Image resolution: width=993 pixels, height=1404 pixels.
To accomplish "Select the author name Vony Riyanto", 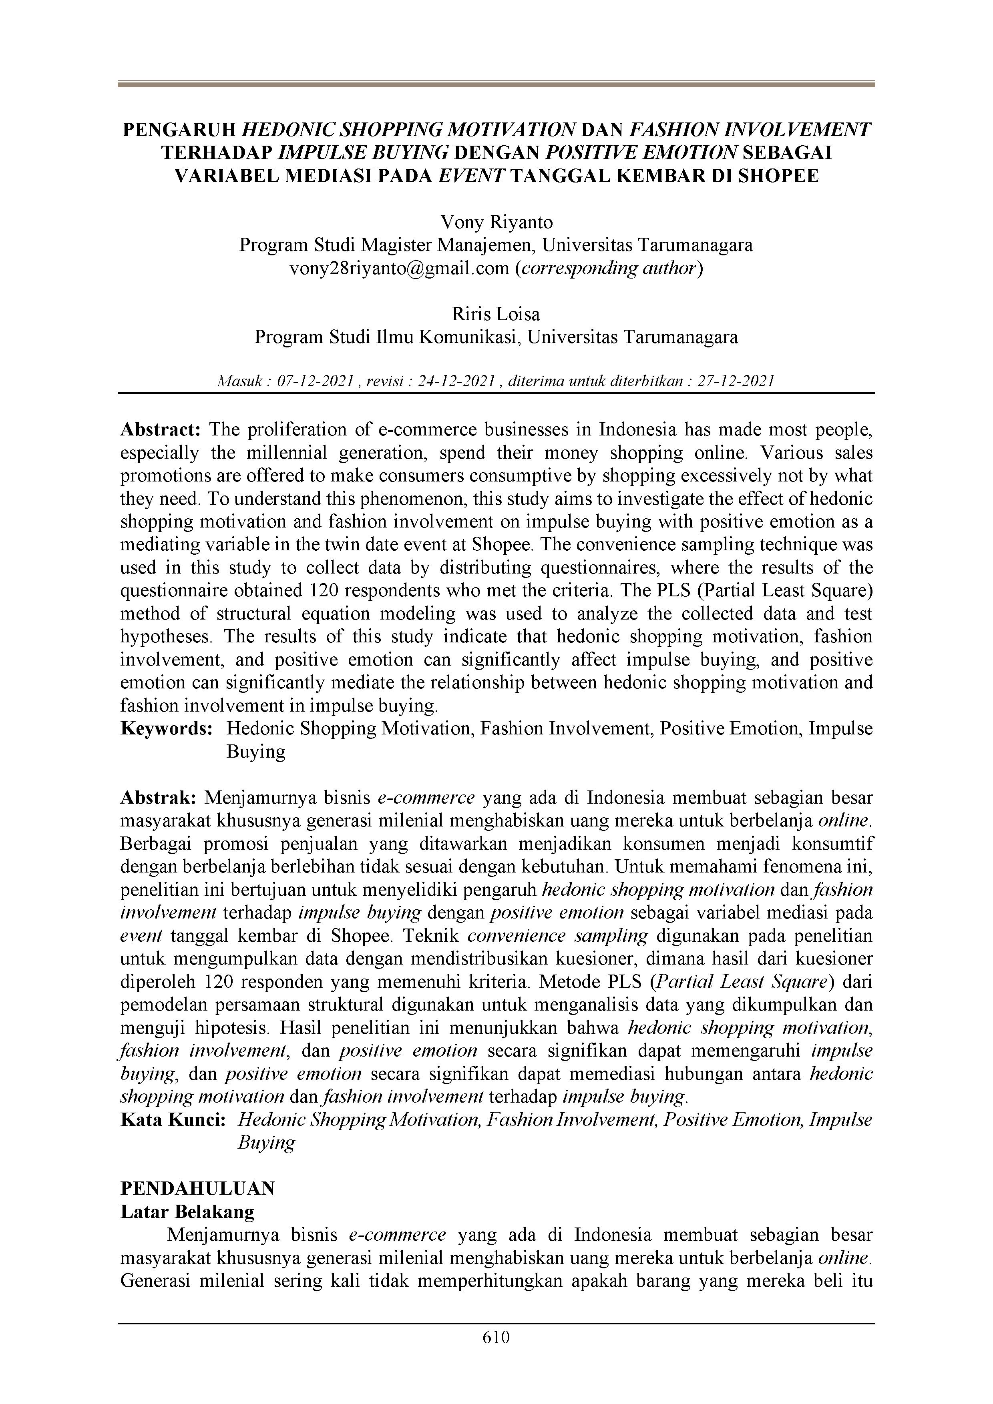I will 496,222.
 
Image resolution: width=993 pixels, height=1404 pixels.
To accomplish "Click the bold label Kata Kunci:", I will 173,1120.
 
